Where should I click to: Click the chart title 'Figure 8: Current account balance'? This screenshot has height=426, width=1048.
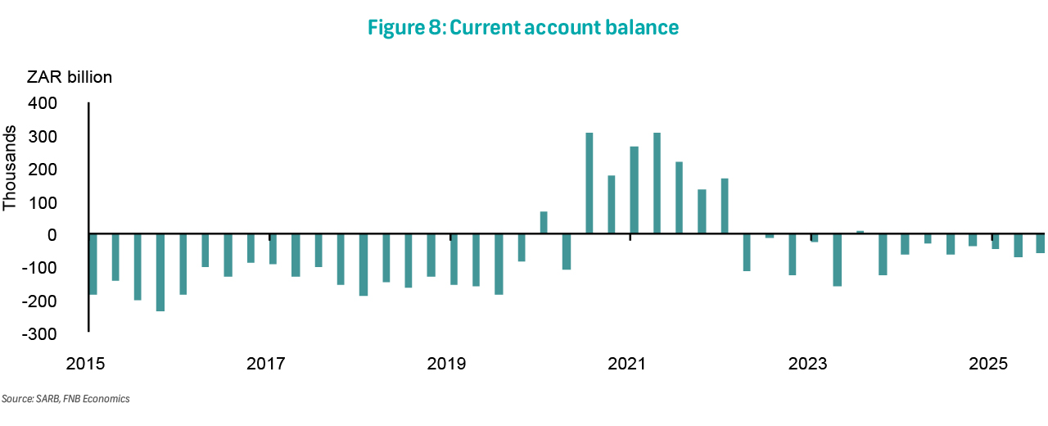(x=523, y=27)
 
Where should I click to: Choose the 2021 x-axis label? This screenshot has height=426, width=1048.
(x=629, y=363)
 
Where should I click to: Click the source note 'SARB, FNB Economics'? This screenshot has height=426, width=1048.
(x=65, y=399)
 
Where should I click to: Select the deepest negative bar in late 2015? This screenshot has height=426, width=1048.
(x=160, y=273)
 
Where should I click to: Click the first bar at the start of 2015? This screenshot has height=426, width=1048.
(x=93, y=265)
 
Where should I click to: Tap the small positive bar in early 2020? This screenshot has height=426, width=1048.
(x=544, y=223)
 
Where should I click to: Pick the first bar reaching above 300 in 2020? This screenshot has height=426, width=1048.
(x=589, y=184)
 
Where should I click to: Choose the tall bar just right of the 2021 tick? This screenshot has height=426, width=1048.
(x=657, y=184)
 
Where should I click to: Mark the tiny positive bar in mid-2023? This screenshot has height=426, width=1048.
(x=860, y=233)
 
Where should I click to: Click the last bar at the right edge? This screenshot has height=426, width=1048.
(x=1041, y=243)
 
